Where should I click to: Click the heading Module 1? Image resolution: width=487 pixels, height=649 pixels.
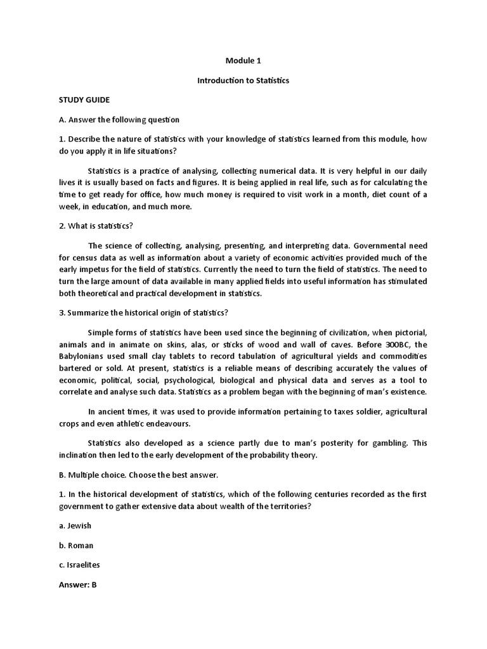(243, 61)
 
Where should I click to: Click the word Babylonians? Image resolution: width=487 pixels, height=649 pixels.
(84, 356)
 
